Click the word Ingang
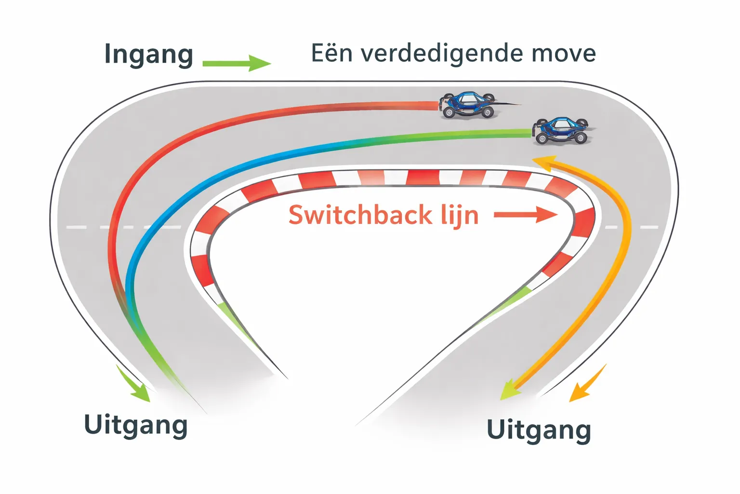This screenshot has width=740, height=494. click(148, 55)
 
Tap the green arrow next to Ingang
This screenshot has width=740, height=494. click(236, 63)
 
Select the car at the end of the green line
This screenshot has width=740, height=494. click(561, 131)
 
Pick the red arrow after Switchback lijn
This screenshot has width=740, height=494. click(526, 215)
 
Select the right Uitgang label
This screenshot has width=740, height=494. click(538, 430)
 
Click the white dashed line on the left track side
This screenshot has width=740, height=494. click(120, 227)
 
